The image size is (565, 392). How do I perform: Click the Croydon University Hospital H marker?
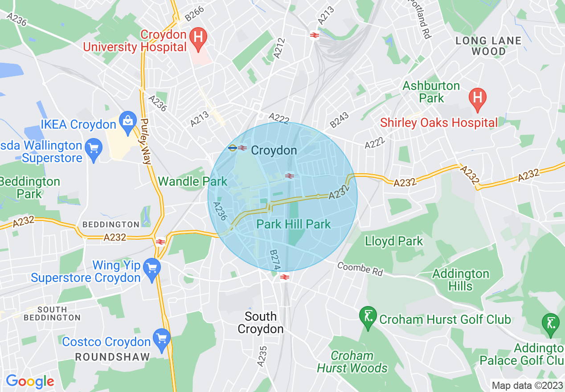pos(197,38)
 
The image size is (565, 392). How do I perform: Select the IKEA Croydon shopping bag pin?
pos(128,122)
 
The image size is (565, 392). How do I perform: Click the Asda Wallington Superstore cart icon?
pos(94,148)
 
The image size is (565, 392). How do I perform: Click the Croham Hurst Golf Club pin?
pos(368,318)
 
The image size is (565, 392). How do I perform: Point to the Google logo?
pos(30,381)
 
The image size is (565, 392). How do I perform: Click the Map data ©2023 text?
pos(527,385)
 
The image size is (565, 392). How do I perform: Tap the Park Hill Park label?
pos(294,224)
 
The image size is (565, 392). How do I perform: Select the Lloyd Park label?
pos(394,241)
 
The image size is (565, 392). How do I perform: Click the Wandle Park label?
pos(192,181)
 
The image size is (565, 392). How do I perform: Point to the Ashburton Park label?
pos(431,92)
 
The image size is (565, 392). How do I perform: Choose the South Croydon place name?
pos(261,323)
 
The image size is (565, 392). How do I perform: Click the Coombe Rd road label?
pos(360,269)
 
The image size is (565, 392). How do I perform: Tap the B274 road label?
pos(275,260)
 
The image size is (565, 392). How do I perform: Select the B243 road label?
pos(340,119)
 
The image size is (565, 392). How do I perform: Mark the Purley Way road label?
pos(146,141)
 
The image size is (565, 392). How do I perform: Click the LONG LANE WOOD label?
pos(488,46)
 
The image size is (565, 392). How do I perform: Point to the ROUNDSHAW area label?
pos(112,357)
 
